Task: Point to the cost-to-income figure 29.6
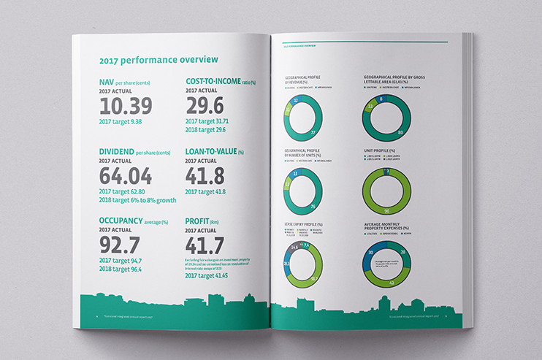205,107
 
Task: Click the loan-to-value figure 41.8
206,177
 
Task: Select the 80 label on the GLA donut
400,133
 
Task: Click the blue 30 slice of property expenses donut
371,252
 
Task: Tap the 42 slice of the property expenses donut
391,281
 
